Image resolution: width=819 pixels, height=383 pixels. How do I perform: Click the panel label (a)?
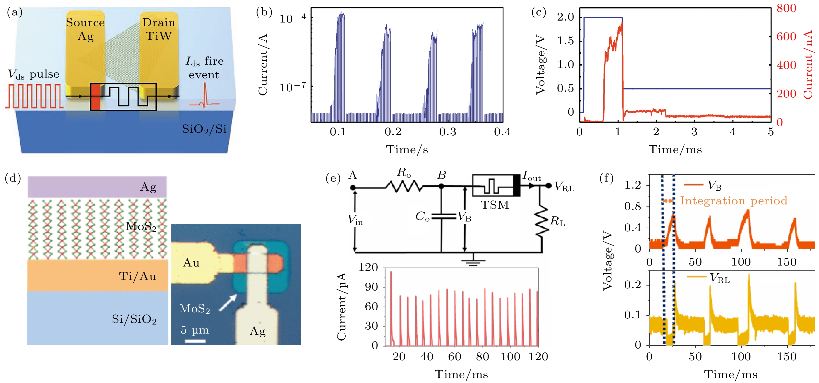coord(14,13)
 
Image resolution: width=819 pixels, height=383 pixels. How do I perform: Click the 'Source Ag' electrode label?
coord(85,29)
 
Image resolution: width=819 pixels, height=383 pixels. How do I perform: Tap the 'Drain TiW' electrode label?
coord(159,29)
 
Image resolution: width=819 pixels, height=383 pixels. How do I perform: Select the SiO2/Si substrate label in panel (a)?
coord(204,129)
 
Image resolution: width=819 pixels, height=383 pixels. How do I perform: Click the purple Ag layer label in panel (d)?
coord(149,187)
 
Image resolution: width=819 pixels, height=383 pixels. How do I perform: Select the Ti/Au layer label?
coord(138,276)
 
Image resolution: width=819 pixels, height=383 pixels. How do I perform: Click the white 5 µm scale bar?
coord(195,341)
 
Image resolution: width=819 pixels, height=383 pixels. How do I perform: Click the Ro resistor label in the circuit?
coord(404,173)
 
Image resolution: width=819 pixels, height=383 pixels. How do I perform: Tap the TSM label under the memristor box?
coord(495,205)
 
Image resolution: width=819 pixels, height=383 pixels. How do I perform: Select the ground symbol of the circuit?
coord(473,261)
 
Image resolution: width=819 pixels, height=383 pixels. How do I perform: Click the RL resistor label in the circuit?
coord(558,221)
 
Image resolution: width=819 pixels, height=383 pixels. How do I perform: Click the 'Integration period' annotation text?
coord(734,201)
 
